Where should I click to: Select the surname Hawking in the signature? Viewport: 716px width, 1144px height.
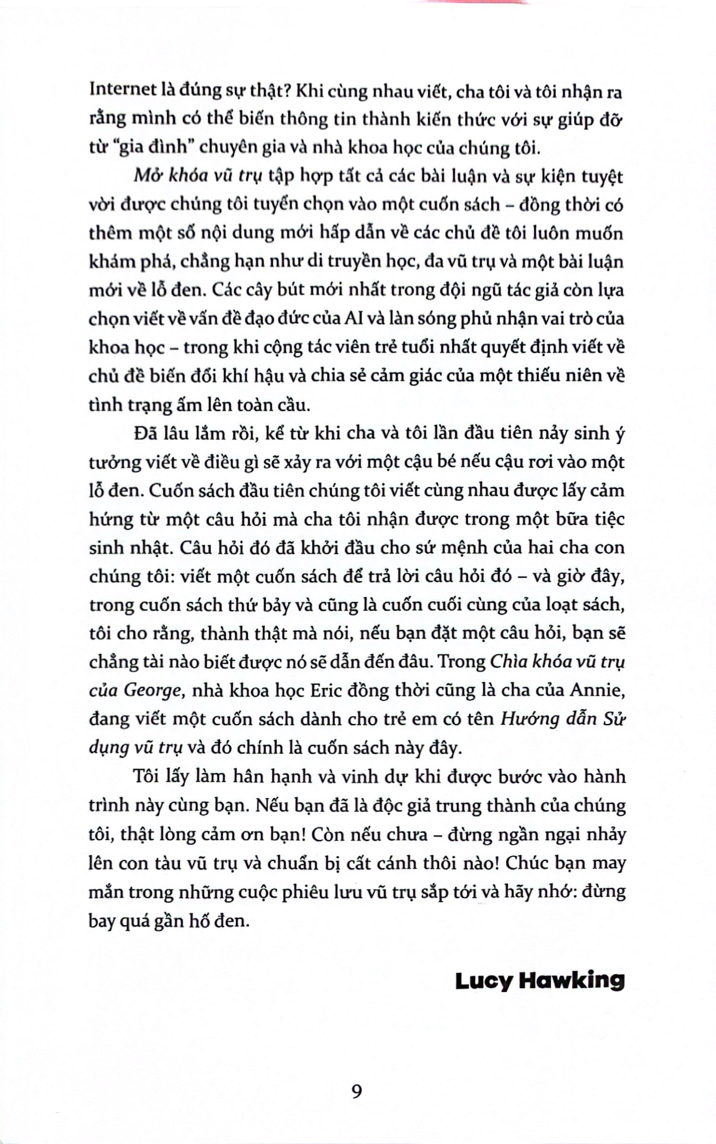571,981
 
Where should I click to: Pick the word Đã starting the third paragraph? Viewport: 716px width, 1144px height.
145,433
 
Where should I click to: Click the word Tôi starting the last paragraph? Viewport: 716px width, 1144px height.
145,776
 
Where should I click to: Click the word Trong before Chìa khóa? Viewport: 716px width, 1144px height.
462,662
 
